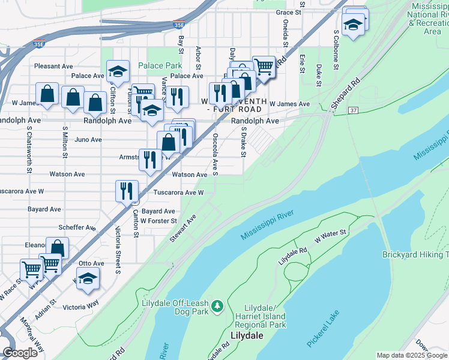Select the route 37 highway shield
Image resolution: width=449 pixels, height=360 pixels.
pyautogui.click(x=353, y=110)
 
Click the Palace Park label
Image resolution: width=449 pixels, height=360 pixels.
pyautogui.click(x=160, y=65)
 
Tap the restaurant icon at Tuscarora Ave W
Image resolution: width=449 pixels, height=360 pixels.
pyautogui.click(x=127, y=191)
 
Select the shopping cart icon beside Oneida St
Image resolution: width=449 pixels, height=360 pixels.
pyautogui.click(x=263, y=67)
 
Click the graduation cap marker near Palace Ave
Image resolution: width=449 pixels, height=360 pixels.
pyautogui.click(x=118, y=71)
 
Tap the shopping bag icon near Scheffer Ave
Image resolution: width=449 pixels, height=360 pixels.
pyautogui.click(x=57, y=248)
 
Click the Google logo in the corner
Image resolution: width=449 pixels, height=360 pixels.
pyautogui.click(x=20, y=353)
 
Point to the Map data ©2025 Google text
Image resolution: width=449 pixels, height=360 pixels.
pyautogui.click(x=411, y=355)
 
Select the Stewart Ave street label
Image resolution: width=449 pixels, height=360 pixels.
pyautogui.click(x=182, y=229)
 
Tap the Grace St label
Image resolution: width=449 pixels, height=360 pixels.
pyautogui.click(x=288, y=13)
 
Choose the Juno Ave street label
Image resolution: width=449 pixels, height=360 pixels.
pyautogui.click(x=88, y=140)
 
